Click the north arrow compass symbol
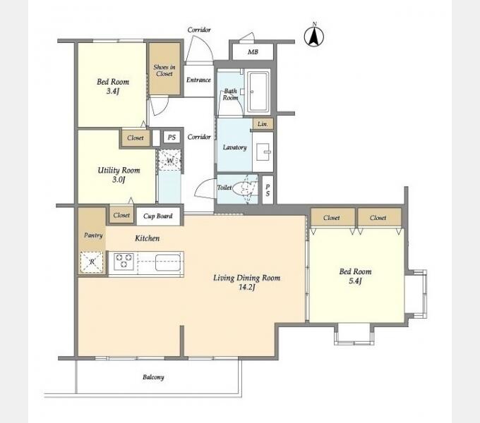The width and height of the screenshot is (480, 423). (x=314, y=36)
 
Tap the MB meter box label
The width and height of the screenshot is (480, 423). (x=253, y=52)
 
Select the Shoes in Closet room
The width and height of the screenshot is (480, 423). (x=164, y=69)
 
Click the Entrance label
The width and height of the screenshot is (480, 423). (x=198, y=80)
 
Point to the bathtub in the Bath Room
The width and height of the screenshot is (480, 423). (x=258, y=91)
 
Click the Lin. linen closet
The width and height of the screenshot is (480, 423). (x=263, y=124)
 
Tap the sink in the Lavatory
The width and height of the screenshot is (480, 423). (x=263, y=152)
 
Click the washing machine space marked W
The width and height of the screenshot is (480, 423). (x=170, y=161)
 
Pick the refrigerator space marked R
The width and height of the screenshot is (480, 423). (x=92, y=262)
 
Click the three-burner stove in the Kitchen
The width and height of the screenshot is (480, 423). (x=124, y=262)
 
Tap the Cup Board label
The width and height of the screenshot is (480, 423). (x=158, y=216)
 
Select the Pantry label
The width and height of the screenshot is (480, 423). (x=93, y=235)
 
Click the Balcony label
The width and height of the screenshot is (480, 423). (x=153, y=377)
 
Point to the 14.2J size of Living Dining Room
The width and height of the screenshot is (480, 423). (x=246, y=288)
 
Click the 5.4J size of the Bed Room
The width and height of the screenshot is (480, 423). (x=355, y=281)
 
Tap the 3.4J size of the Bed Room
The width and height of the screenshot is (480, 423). (x=113, y=91)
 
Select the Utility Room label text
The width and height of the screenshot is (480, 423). (x=119, y=170)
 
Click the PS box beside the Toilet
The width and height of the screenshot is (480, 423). (x=268, y=190)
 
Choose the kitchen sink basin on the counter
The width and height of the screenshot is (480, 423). (x=168, y=263)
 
